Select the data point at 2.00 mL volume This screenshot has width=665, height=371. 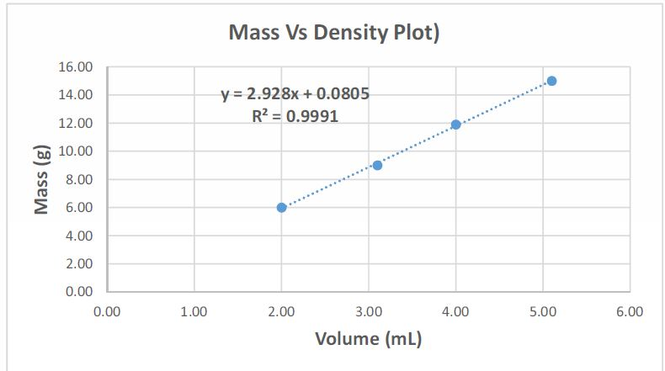coord(281,207)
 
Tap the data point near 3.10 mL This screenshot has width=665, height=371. coord(377,165)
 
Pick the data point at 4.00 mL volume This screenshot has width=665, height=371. coord(455,125)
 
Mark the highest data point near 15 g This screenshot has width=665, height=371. coord(551,81)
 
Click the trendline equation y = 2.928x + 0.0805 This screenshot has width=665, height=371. coord(295,94)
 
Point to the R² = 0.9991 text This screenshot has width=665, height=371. coord(295,116)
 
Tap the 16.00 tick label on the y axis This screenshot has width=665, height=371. coord(76,66)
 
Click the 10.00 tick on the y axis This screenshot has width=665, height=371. coord(76,151)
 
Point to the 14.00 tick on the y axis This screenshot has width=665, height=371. coord(76,95)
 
